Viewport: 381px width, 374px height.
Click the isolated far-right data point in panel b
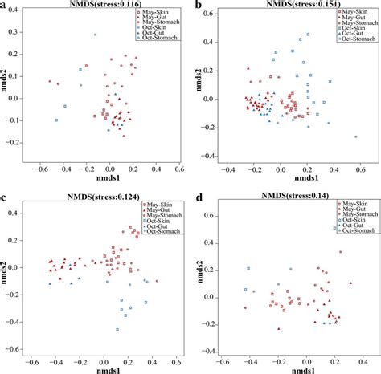coord(356,136)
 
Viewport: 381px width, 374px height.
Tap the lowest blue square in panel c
coord(117,330)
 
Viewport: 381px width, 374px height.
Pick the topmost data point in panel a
coord(95,35)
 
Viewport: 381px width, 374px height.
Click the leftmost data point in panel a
coord(50,81)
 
